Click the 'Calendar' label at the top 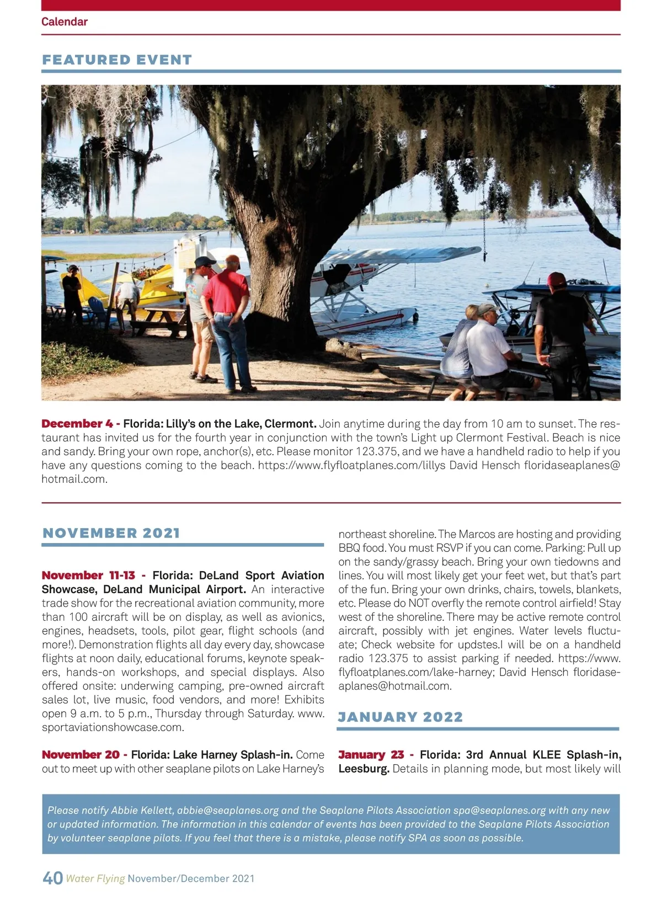pos(65,22)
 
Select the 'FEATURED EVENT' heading pos(117,60)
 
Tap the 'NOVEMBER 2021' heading pos(111,533)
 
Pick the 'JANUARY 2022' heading pos(401,717)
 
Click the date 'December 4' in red pos(77,424)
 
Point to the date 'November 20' pos(81,754)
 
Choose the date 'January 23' pos(371,754)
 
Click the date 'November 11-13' pos(88,575)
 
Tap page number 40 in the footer pos(52,878)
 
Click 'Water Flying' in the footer pos(95,878)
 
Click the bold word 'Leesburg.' pos(364,769)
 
